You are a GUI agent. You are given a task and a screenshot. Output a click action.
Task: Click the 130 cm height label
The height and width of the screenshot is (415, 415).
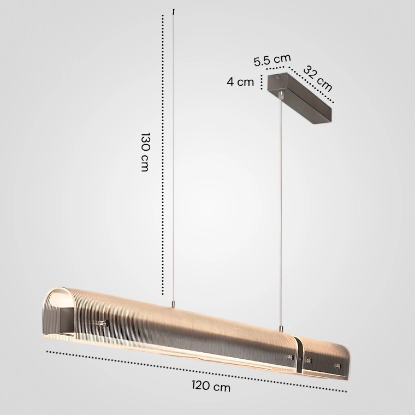[145, 152]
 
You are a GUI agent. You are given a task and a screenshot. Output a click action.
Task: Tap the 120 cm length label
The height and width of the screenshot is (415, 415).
[211, 386]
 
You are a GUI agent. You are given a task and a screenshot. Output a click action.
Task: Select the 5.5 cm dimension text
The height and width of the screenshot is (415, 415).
[272, 60]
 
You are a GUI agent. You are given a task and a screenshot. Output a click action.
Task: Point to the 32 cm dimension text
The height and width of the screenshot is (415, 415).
[317, 78]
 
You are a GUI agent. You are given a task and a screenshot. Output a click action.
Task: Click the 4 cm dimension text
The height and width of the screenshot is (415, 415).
[240, 82]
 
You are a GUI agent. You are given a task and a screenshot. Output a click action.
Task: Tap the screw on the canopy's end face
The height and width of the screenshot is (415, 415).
[277, 78]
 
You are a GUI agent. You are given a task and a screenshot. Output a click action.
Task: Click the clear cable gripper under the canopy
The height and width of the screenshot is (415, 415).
[281, 95]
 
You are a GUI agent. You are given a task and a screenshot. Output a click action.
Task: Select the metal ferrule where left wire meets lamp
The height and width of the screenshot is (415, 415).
[173, 304]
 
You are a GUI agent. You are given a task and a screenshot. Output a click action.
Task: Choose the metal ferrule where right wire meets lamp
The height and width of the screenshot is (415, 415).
[280, 329]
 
